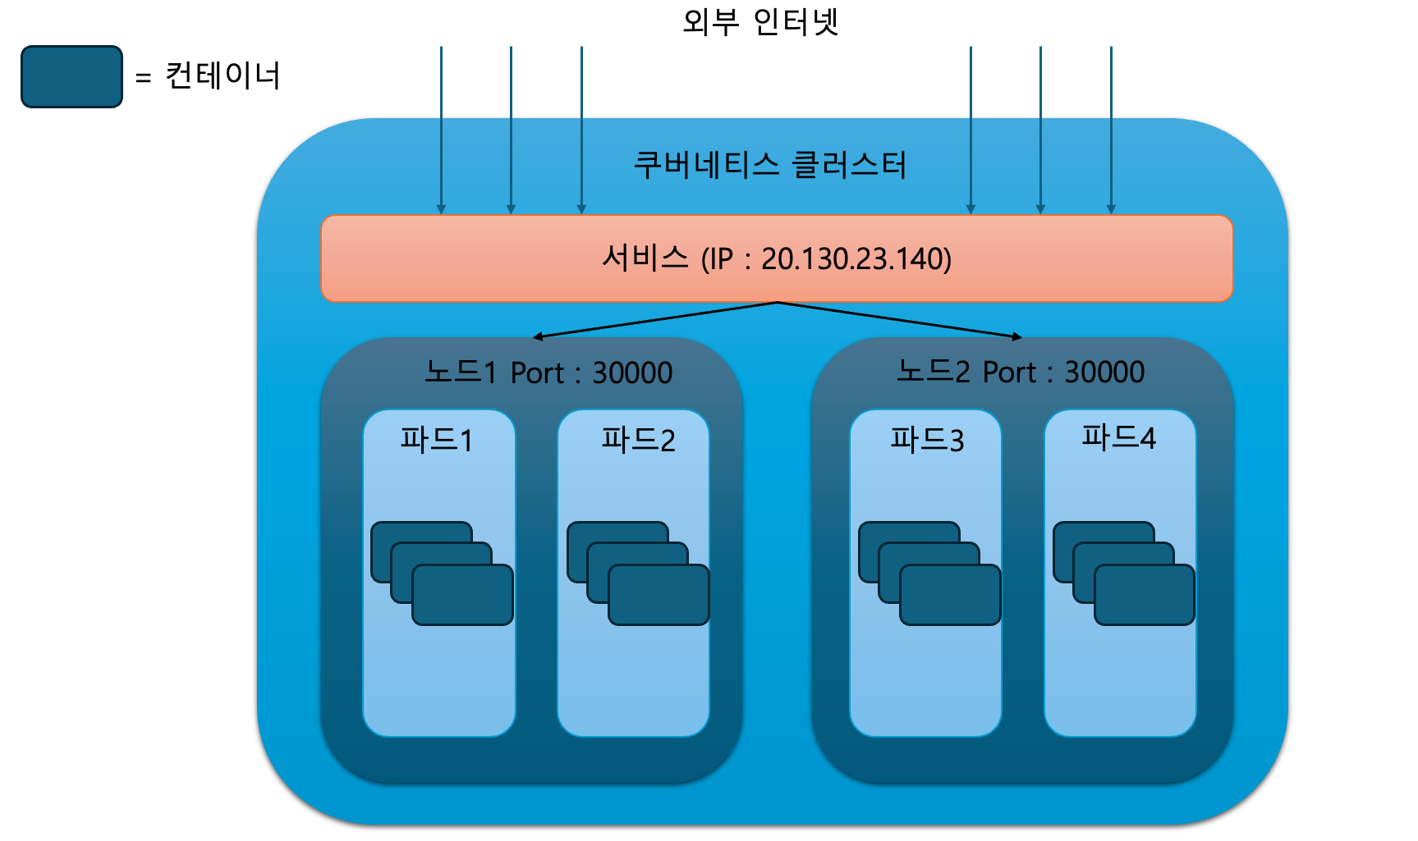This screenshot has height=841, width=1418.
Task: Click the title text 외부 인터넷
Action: [760, 22]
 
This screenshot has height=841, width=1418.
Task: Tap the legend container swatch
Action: [71, 76]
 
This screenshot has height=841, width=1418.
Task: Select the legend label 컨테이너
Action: [223, 76]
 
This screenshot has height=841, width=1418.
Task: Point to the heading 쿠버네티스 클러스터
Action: [770, 165]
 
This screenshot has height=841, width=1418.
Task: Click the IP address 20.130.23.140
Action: [856, 259]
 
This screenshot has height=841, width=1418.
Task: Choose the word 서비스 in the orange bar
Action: [645, 258]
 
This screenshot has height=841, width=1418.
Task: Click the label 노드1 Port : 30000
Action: [548, 373]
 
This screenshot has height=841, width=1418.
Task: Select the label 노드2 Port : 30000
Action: [1020, 372]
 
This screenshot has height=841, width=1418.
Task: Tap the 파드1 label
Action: [437, 440]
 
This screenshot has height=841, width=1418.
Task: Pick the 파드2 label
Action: [638, 440]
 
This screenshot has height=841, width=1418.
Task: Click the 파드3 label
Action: [927, 440]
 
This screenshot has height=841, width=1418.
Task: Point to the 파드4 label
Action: [1118, 437]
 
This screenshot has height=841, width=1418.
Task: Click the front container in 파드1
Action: [462, 595]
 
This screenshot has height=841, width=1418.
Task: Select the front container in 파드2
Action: [659, 595]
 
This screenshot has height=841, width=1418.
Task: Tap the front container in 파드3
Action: [950, 595]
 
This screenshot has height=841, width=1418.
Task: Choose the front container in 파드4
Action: [1144, 595]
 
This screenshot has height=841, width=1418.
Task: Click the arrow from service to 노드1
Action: [655, 320]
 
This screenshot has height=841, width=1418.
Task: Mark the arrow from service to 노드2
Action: [899, 320]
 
